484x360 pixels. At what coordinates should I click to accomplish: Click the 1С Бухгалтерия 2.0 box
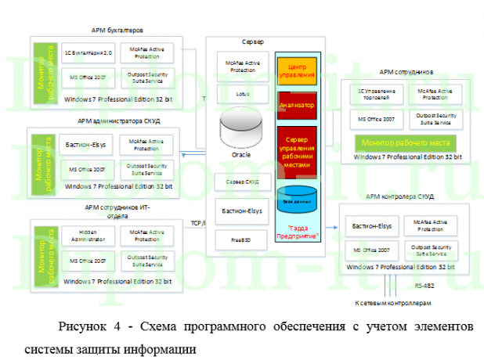[88, 53]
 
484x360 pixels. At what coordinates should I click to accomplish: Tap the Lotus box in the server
[242, 93]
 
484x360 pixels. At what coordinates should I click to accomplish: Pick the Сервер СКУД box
[242, 182]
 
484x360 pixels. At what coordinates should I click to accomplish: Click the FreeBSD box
[242, 236]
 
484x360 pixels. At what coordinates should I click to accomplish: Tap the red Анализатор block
[297, 104]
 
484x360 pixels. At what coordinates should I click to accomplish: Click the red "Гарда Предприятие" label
[297, 232]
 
